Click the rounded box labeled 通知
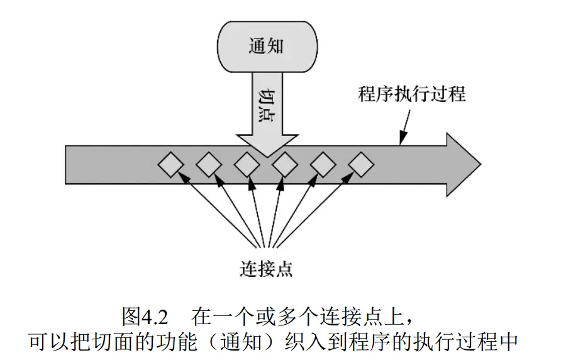(267, 46)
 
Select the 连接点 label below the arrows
(267, 269)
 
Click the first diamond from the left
(170, 166)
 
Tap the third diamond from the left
(247, 166)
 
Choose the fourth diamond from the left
(285, 166)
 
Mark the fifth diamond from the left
(323, 166)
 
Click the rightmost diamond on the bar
(361, 166)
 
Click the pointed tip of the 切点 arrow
(266, 155)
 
